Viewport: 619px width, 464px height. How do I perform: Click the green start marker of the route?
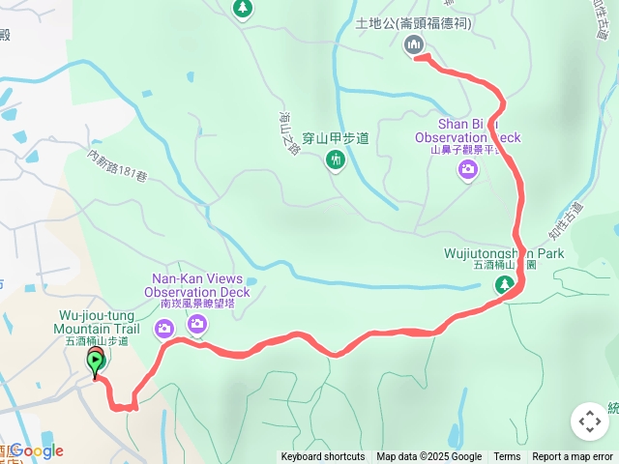tap(96, 363)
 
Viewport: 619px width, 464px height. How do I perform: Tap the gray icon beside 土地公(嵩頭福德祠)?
tap(413, 43)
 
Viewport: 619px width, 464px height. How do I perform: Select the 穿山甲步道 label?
tap(336, 138)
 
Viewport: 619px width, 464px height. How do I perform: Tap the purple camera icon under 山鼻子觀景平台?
tap(468, 171)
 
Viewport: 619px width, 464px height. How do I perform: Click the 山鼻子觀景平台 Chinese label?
tap(468, 151)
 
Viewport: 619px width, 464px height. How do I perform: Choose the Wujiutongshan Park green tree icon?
tap(503, 284)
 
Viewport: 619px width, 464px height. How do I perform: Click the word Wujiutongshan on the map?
tap(481, 253)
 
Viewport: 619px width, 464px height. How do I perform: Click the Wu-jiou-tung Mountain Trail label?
tap(100, 322)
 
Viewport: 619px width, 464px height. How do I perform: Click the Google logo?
tap(36, 450)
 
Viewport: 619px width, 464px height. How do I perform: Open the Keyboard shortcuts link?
tap(323, 457)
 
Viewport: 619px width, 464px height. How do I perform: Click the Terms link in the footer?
tap(507, 457)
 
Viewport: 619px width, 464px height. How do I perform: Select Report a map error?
tap(572, 457)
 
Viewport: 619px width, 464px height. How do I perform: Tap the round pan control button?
tap(589, 421)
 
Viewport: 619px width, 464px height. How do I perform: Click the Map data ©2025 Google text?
tap(429, 457)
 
